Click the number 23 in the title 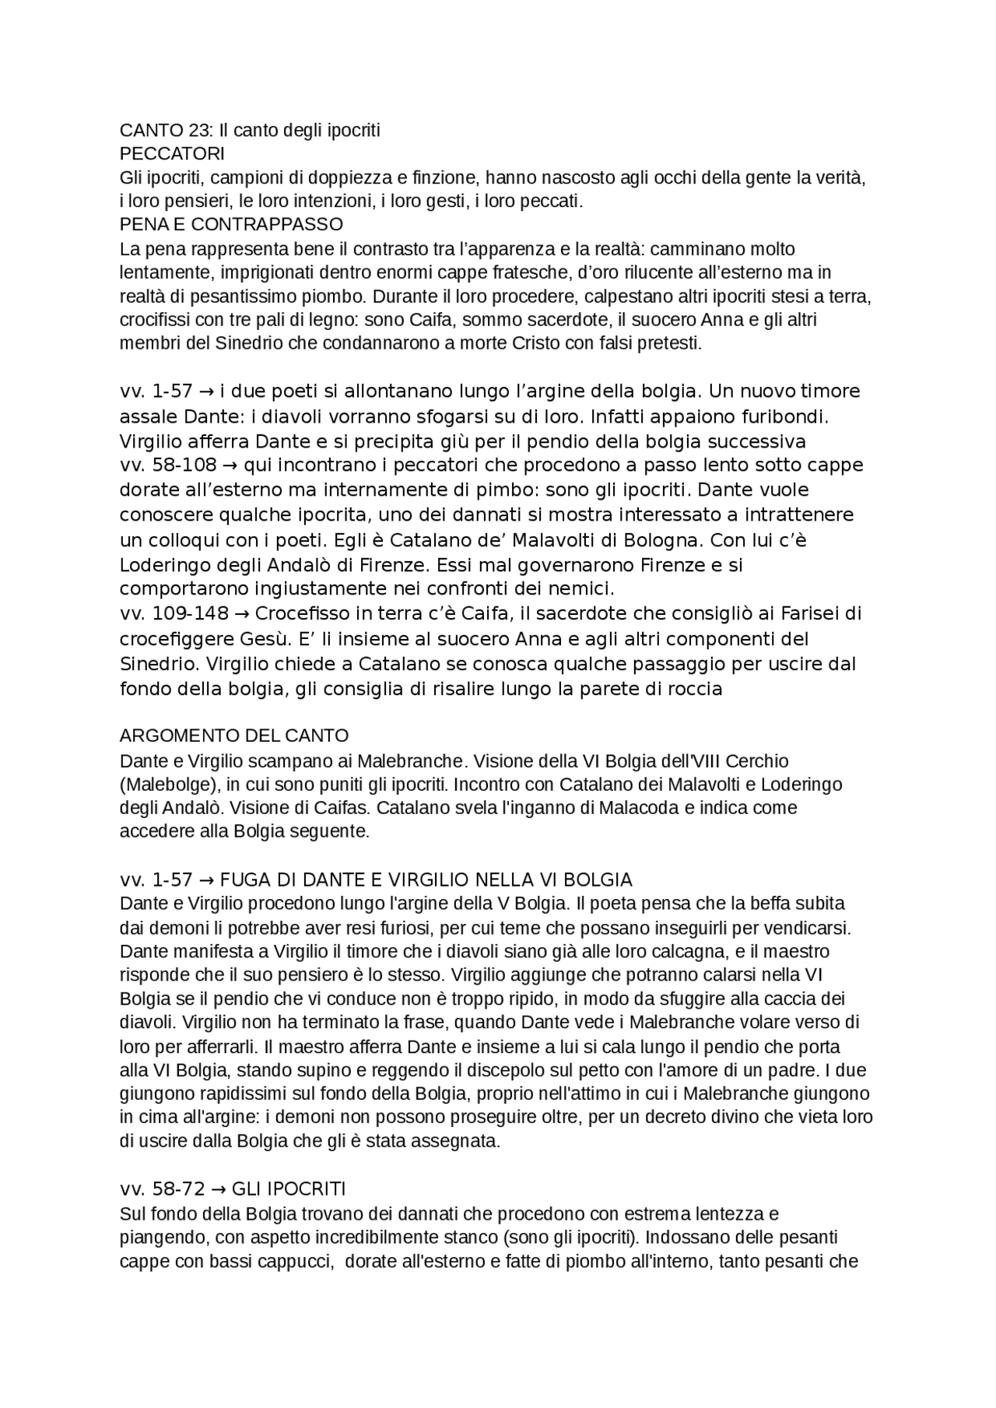point(199,130)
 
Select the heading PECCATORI point(172,154)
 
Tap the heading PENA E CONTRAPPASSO point(231,224)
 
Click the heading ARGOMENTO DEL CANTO point(234,736)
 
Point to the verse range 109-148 point(191,614)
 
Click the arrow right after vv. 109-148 point(242,614)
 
